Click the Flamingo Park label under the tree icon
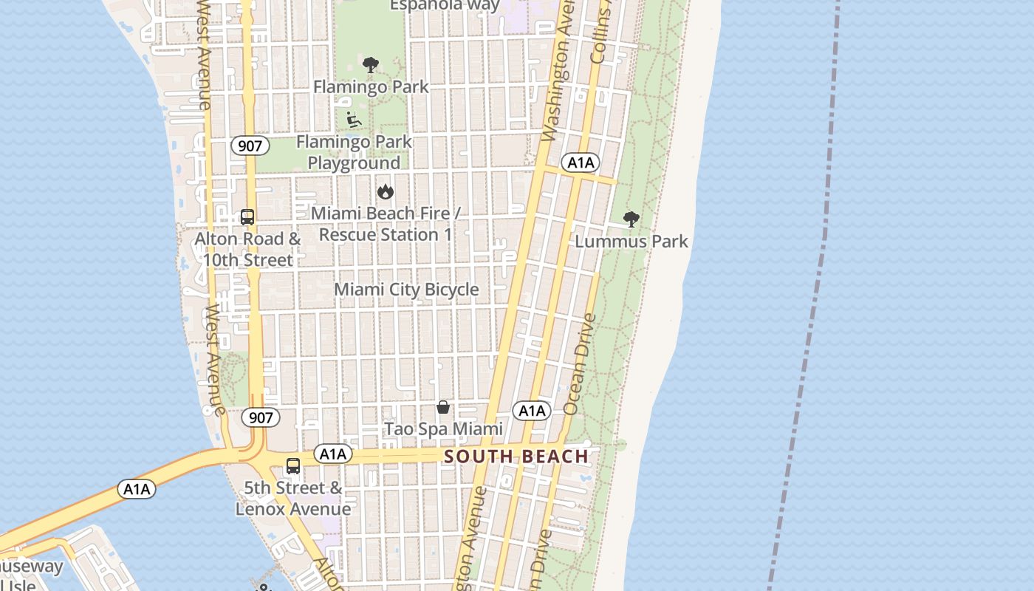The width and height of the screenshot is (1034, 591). point(371,87)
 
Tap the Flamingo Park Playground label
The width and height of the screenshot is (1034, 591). point(354,152)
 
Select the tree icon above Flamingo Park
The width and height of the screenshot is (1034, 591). point(371,65)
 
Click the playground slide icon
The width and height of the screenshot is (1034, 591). point(354,119)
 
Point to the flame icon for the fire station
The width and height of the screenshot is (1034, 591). point(385,192)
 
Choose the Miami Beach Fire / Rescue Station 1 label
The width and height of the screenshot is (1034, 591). point(385,224)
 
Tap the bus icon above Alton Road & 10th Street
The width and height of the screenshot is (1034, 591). point(247,217)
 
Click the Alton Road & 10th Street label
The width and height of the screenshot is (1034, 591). point(247,250)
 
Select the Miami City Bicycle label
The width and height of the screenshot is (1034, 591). point(406,290)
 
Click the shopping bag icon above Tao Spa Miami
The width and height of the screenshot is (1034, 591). point(443,407)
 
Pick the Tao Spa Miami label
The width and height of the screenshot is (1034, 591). point(443,429)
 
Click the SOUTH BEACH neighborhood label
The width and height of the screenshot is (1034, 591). point(516,457)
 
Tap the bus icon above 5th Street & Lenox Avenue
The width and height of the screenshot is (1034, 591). point(293,466)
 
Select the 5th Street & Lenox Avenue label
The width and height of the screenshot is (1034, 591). point(293,499)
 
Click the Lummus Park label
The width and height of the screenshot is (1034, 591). point(631,242)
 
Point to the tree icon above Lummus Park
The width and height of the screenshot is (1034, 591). point(631,219)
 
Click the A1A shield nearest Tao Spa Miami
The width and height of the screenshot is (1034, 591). point(532,411)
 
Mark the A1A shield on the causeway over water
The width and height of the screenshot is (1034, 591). point(137,489)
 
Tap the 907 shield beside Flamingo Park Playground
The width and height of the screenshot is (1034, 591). point(250,146)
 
